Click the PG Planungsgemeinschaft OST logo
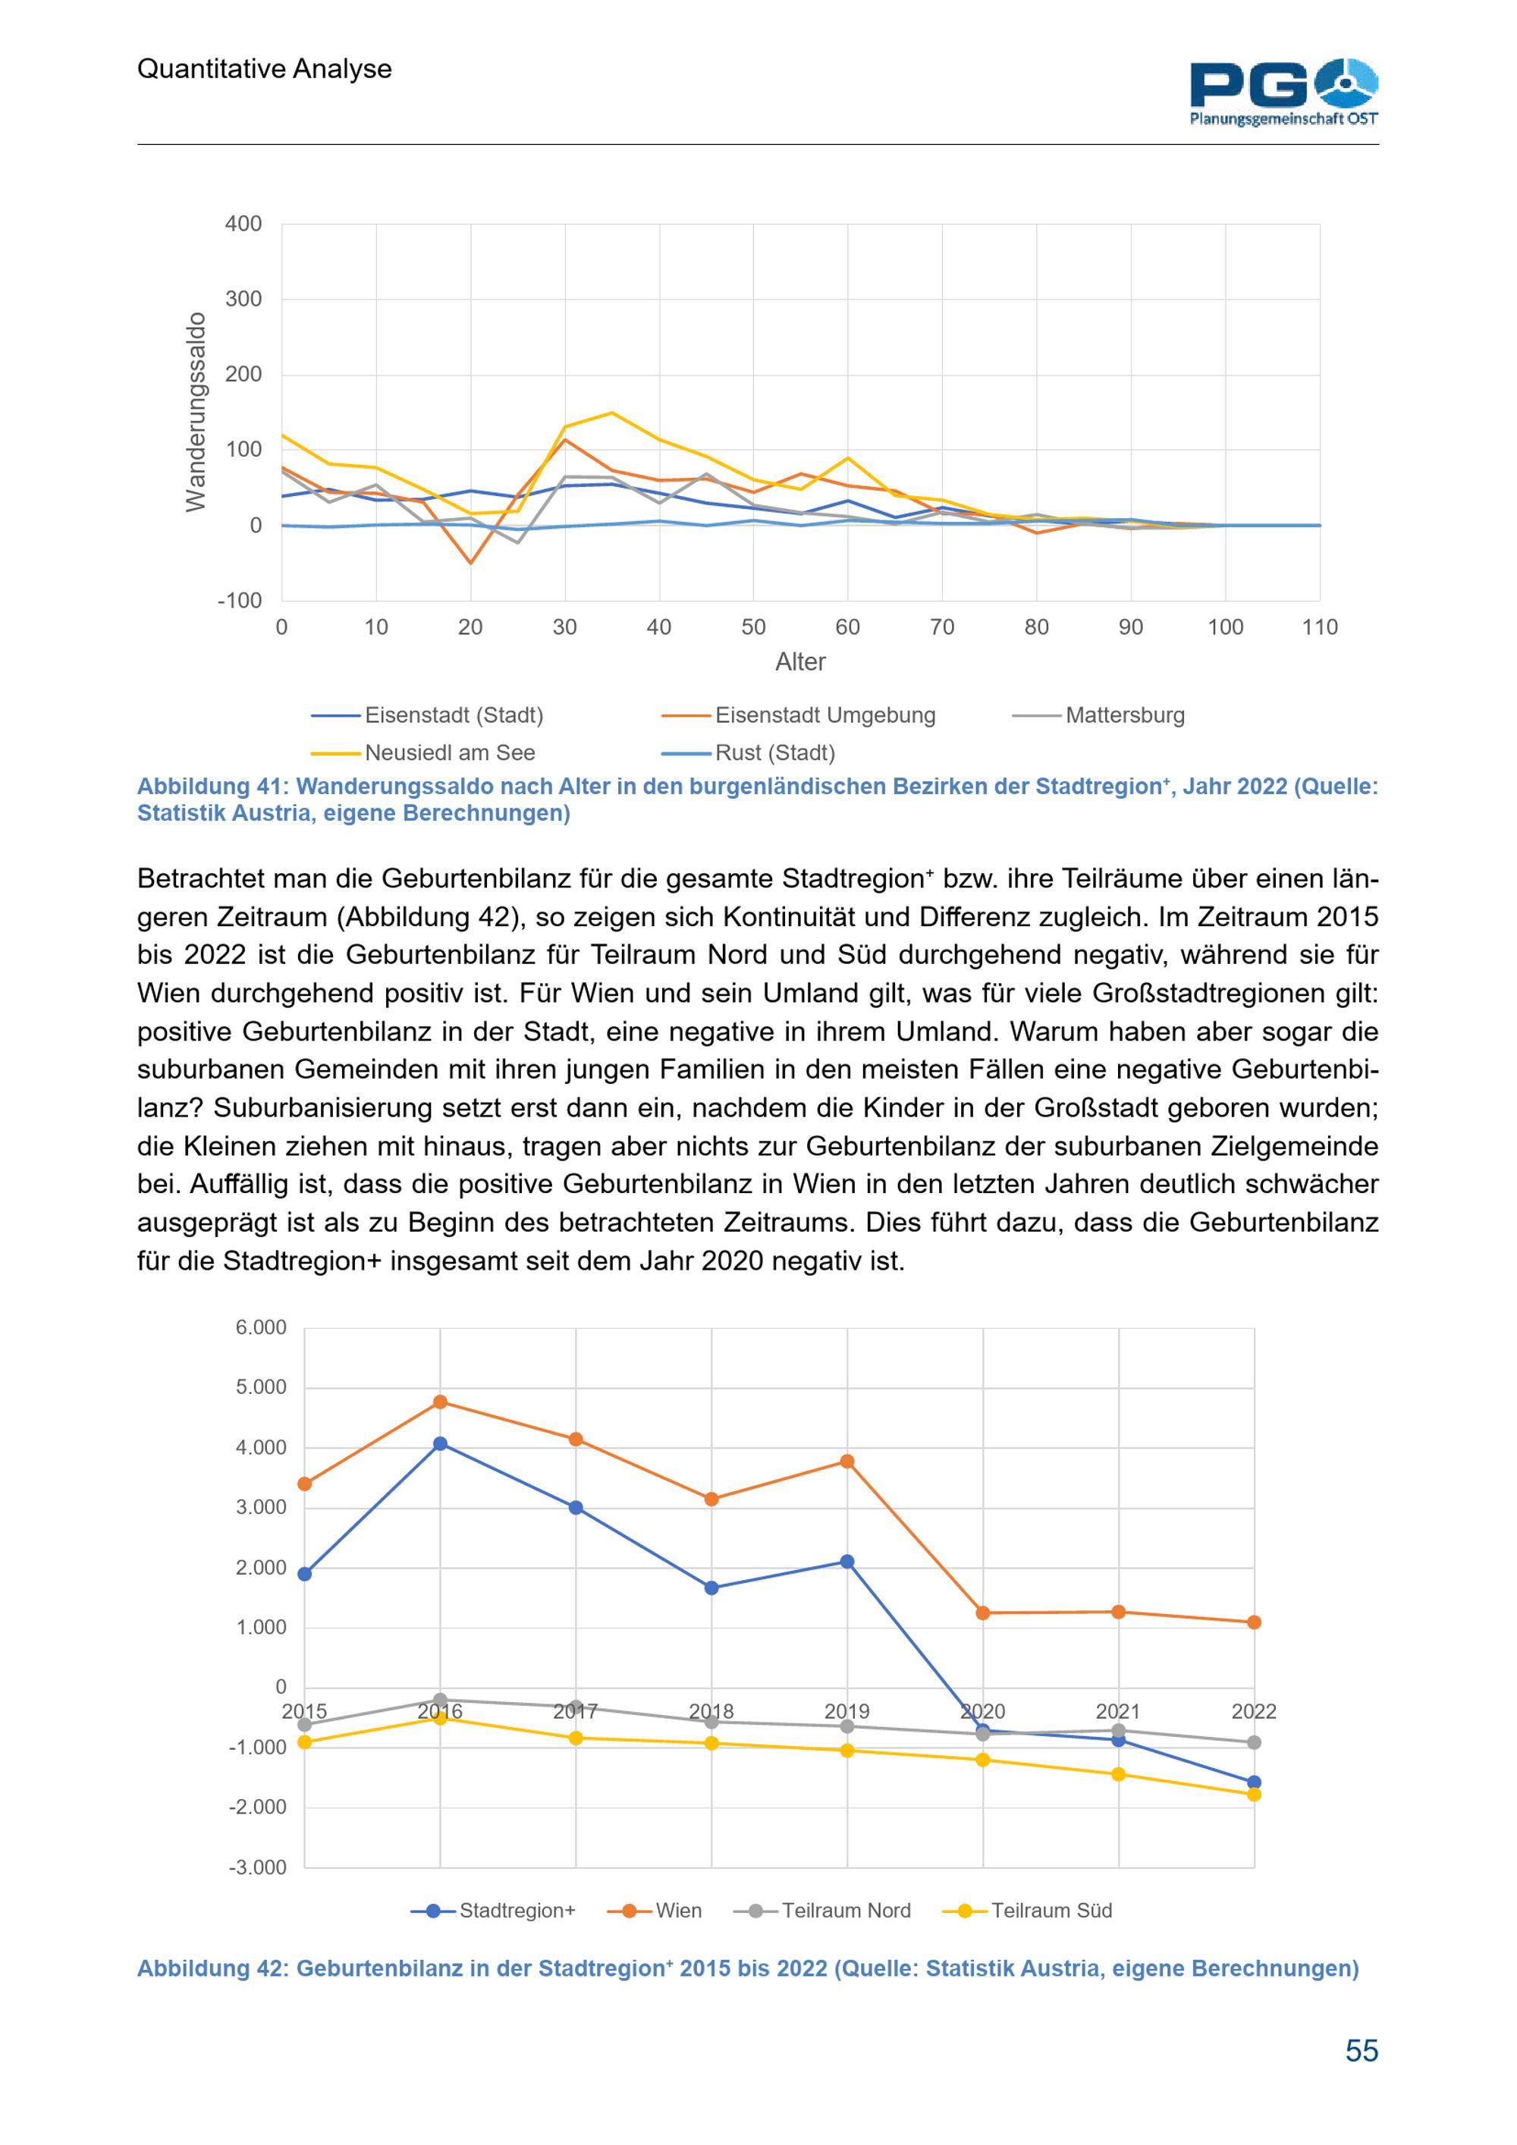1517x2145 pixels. [1283, 92]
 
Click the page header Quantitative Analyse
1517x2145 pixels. [265, 69]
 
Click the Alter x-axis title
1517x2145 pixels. [800, 661]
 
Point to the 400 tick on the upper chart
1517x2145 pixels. [243, 225]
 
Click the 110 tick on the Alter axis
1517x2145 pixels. [1320, 627]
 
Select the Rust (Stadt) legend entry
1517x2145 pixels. [748, 752]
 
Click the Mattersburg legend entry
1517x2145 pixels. [1098, 714]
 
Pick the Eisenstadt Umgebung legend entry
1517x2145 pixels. [799, 714]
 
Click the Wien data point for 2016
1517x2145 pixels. [440, 1402]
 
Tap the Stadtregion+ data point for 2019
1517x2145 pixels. [847, 1561]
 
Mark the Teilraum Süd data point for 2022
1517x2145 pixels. [1254, 1795]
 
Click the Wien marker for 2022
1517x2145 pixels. [1254, 1622]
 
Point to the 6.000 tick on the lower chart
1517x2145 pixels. [261, 1327]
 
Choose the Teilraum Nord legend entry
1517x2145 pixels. [822, 1911]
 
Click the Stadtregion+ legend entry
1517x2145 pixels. [493, 1911]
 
